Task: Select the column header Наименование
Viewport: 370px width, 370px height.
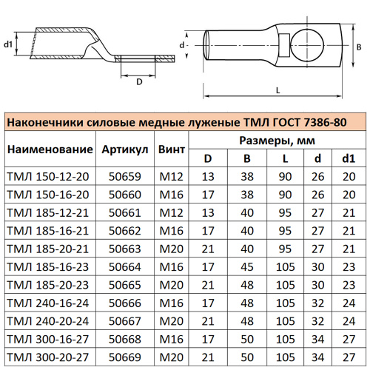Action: [x=50, y=149]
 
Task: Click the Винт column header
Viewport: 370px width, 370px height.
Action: [x=172, y=149]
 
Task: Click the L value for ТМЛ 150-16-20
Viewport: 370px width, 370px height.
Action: [x=285, y=194]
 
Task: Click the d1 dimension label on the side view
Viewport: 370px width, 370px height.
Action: [x=8, y=44]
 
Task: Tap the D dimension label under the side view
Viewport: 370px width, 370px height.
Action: [x=139, y=81]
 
